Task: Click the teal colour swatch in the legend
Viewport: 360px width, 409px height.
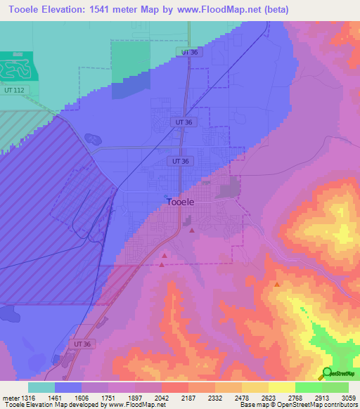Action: point(41,387)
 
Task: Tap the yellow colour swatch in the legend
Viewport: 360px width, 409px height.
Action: point(282,387)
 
